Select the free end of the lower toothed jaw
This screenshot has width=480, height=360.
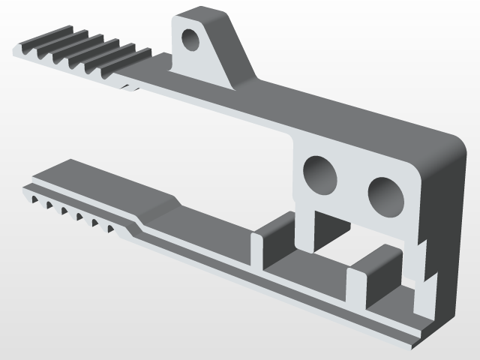coord(27,187)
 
